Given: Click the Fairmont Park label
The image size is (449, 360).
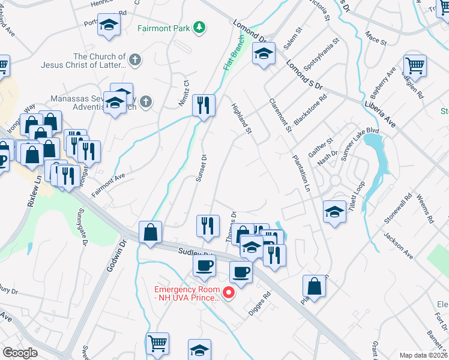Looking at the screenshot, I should point(163,28).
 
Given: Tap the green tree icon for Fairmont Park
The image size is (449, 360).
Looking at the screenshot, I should point(199,28).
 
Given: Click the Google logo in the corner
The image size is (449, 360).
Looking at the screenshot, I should point(20,353).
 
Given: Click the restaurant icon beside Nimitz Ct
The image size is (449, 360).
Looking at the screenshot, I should point(203,106).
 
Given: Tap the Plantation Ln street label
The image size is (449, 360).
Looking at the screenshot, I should point(300,173).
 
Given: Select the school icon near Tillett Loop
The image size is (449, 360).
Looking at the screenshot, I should point(334,212).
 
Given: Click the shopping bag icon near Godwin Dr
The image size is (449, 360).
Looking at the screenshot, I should point(149,232).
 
